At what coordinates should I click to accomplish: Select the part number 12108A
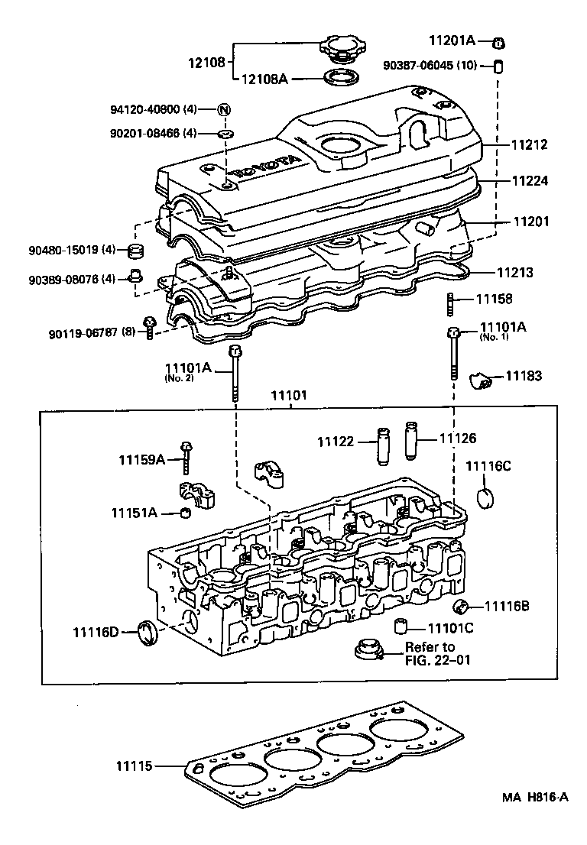pos(265,79)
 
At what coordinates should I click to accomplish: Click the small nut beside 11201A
pos(498,41)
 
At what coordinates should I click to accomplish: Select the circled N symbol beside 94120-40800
pos(224,109)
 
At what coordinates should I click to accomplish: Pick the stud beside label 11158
pos(452,303)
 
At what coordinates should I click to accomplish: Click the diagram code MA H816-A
pos(535,819)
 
